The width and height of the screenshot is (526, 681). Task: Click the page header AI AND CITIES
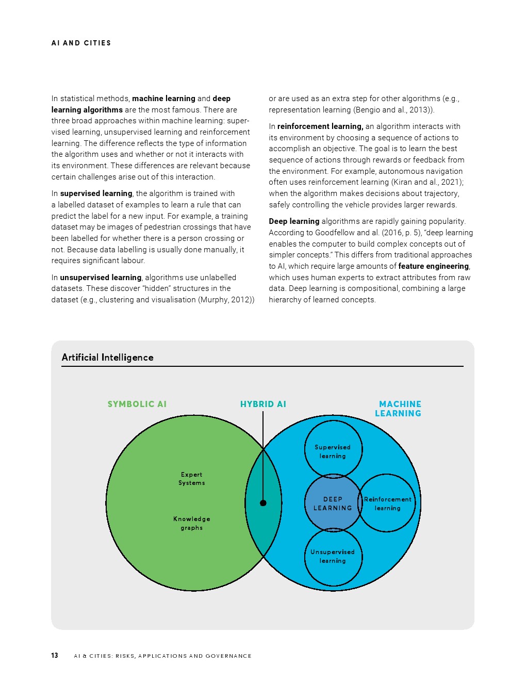coord(81,43)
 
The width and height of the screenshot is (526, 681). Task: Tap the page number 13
coord(55,655)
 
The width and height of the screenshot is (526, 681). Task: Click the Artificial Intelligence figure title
coord(107,358)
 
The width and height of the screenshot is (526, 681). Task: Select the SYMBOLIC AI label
coord(137,404)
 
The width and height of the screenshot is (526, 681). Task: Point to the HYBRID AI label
coord(263,404)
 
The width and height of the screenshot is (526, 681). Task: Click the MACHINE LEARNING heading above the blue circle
coord(399,409)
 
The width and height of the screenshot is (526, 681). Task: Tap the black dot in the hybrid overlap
coord(263,503)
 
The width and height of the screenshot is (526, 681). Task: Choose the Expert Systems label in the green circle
coord(192,479)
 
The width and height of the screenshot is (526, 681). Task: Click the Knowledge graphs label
coord(192,523)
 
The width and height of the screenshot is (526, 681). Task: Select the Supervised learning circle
coord(333,451)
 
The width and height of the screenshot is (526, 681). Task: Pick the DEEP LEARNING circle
coord(333,504)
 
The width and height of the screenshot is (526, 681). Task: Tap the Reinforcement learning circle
coord(388,504)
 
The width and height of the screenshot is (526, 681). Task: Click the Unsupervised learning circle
coord(333,556)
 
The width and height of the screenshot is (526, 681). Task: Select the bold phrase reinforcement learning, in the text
coord(320,126)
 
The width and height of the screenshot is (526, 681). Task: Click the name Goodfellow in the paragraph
coord(335,233)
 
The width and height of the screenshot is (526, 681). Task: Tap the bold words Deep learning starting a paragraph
coord(294,221)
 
